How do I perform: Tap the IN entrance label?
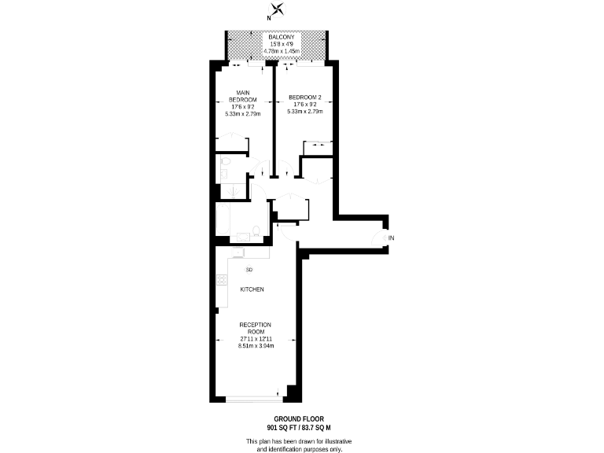tap(391, 238)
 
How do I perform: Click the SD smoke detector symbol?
tap(249, 270)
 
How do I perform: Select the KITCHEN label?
tap(252, 289)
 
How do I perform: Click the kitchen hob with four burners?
tap(221, 279)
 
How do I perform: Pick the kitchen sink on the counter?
tap(238, 252)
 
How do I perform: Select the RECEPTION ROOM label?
tap(255, 328)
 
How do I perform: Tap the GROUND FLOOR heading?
tap(298, 418)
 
